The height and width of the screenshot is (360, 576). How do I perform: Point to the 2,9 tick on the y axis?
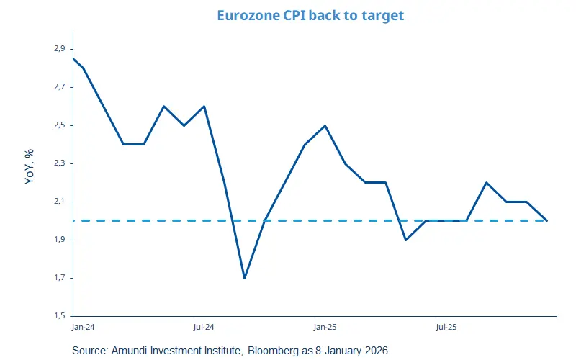[59, 49]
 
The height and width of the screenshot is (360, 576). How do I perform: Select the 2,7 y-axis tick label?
[59, 87]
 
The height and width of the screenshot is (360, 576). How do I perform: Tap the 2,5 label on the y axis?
[59, 125]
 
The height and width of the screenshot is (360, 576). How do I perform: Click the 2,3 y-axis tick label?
[59, 163]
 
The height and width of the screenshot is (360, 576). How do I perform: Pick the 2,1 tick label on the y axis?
[59, 202]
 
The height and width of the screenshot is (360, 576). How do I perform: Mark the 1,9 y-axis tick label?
[59, 240]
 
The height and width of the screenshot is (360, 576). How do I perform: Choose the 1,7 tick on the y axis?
[59, 278]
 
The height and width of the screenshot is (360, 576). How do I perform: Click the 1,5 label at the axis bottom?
[59, 316]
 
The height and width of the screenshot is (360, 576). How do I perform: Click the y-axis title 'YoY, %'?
[30, 168]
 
